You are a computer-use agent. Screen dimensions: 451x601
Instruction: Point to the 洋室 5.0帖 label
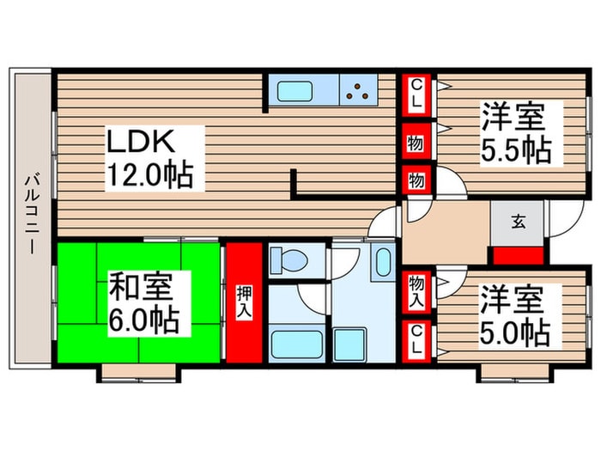(513, 314)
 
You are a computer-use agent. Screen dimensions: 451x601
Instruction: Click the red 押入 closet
(243, 302)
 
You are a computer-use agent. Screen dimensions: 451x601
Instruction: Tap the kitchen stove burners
(357, 90)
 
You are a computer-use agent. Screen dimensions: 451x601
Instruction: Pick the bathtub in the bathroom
(296, 344)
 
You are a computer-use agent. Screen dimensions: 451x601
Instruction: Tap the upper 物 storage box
(416, 142)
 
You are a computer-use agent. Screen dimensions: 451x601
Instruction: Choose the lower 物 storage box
(416, 181)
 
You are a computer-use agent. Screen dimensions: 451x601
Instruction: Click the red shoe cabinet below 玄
(518, 254)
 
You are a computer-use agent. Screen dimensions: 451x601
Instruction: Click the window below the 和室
(139, 372)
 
